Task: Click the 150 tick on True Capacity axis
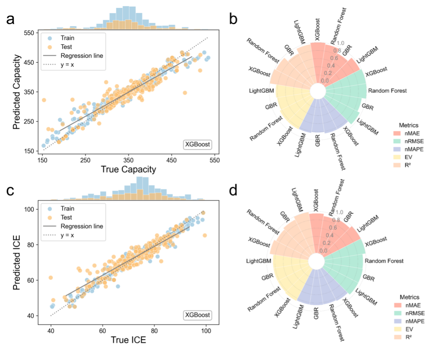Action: [42, 160]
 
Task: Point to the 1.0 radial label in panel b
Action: [341, 43]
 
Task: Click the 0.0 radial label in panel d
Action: [323, 250]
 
